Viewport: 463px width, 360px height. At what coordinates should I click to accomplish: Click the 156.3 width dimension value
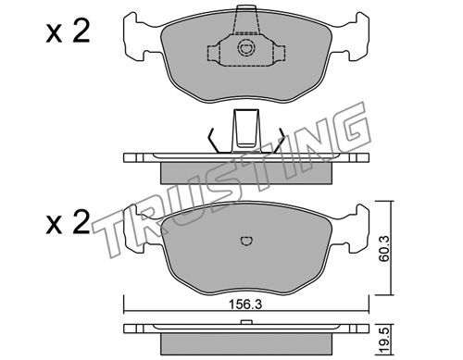click(x=245, y=305)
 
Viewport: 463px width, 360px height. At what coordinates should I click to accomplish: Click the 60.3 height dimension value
click(x=384, y=249)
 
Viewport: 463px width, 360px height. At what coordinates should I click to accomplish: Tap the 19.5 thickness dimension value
click(x=384, y=342)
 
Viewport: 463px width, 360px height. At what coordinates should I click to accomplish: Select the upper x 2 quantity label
click(x=68, y=31)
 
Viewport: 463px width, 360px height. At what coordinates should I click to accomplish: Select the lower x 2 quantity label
click(x=68, y=222)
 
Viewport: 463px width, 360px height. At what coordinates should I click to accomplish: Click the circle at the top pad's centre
click(x=246, y=48)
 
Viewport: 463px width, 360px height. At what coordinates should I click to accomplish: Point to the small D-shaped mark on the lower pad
click(x=246, y=241)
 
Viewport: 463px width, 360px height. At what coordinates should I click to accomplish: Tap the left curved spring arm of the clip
click(x=214, y=141)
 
